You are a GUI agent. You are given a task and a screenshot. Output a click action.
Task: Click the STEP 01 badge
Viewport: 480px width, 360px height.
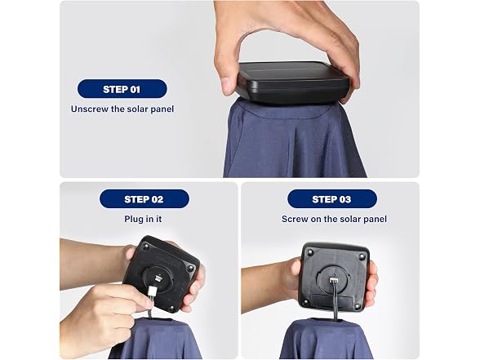coord(122,89)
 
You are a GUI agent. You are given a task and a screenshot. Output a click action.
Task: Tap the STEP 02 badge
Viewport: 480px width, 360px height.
coord(144,199)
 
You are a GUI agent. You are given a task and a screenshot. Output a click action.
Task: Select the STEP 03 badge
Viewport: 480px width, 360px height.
coord(331,199)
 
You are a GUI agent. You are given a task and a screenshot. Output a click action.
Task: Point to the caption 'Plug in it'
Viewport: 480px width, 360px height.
coord(143,219)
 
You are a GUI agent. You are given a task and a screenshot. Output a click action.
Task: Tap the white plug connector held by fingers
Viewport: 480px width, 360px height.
coord(152,293)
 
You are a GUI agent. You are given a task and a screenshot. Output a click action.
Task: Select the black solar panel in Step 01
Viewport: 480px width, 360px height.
coord(292,83)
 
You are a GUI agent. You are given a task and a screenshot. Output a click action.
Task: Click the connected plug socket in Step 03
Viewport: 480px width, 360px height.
coord(334,280)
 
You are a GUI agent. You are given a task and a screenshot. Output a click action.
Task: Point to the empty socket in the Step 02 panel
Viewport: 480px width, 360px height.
coord(158,278)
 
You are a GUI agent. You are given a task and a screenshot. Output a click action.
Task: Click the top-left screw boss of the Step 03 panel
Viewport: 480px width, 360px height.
coord(311,253)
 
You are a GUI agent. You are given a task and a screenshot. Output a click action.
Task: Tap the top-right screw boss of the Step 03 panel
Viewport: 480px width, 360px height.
coord(362,256)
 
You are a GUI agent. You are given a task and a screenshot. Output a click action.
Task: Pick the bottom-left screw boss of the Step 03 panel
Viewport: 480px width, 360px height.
coord(305,302)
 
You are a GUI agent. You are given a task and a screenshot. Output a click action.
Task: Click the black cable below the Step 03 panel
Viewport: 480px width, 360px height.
coord(336,301)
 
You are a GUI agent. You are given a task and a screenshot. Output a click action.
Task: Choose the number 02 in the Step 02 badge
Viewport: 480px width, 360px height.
coord(157,199)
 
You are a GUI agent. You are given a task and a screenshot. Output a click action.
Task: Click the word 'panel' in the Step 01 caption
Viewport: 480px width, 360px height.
coord(162,109)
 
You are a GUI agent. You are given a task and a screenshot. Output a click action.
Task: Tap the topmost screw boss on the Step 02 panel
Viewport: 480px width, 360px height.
coord(147,246)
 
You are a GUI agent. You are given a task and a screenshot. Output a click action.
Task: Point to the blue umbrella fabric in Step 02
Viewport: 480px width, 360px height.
coord(156,340)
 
